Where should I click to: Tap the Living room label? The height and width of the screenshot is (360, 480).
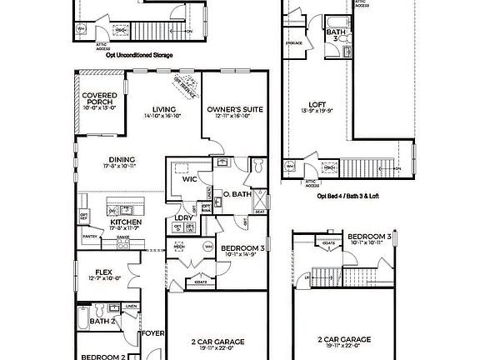pos(162,108)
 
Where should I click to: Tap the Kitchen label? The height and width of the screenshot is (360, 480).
pos(126,222)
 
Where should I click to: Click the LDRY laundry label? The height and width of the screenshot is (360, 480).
pos(184,218)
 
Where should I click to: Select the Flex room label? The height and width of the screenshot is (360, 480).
pos(104,271)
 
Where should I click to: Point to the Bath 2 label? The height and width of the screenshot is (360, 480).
pos(102,321)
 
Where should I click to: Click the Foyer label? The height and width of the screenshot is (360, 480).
pos(152,333)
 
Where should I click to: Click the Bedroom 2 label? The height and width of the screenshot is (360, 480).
pos(104,357)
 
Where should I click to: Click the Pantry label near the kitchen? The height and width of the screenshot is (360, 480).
pos(91,237)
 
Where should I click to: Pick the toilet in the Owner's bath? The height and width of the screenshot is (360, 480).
pos(257,167)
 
